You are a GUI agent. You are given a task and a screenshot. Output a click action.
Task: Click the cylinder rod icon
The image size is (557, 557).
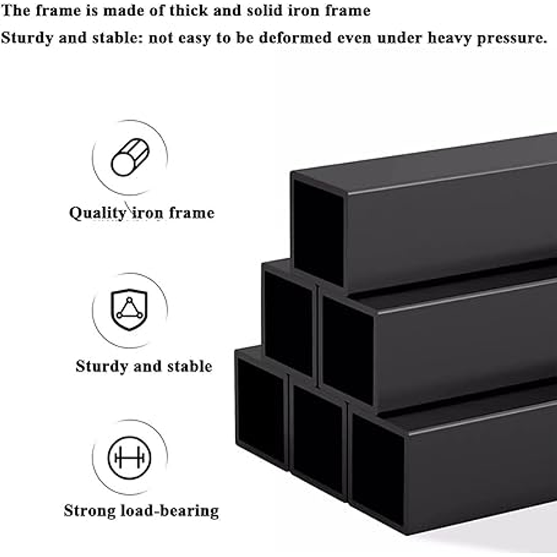point(130,158)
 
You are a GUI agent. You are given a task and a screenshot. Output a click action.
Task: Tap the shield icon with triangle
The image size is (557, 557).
point(129,309)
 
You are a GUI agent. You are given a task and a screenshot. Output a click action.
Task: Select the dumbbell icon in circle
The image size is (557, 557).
point(129,458)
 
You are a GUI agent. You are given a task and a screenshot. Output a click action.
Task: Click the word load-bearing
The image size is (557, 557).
point(170,512)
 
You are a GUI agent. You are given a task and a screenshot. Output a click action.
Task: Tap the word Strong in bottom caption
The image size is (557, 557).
point(90,512)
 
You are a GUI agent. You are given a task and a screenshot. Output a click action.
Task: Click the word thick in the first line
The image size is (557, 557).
point(188,10)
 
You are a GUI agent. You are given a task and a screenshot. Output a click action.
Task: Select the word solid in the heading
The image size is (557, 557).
point(264,10)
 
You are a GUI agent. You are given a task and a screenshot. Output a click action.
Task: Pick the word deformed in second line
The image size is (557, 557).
point(295,37)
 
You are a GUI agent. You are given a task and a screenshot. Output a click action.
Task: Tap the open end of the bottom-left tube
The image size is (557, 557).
point(261,412)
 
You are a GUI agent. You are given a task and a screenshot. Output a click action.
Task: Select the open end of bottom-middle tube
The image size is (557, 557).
point(318,440)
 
